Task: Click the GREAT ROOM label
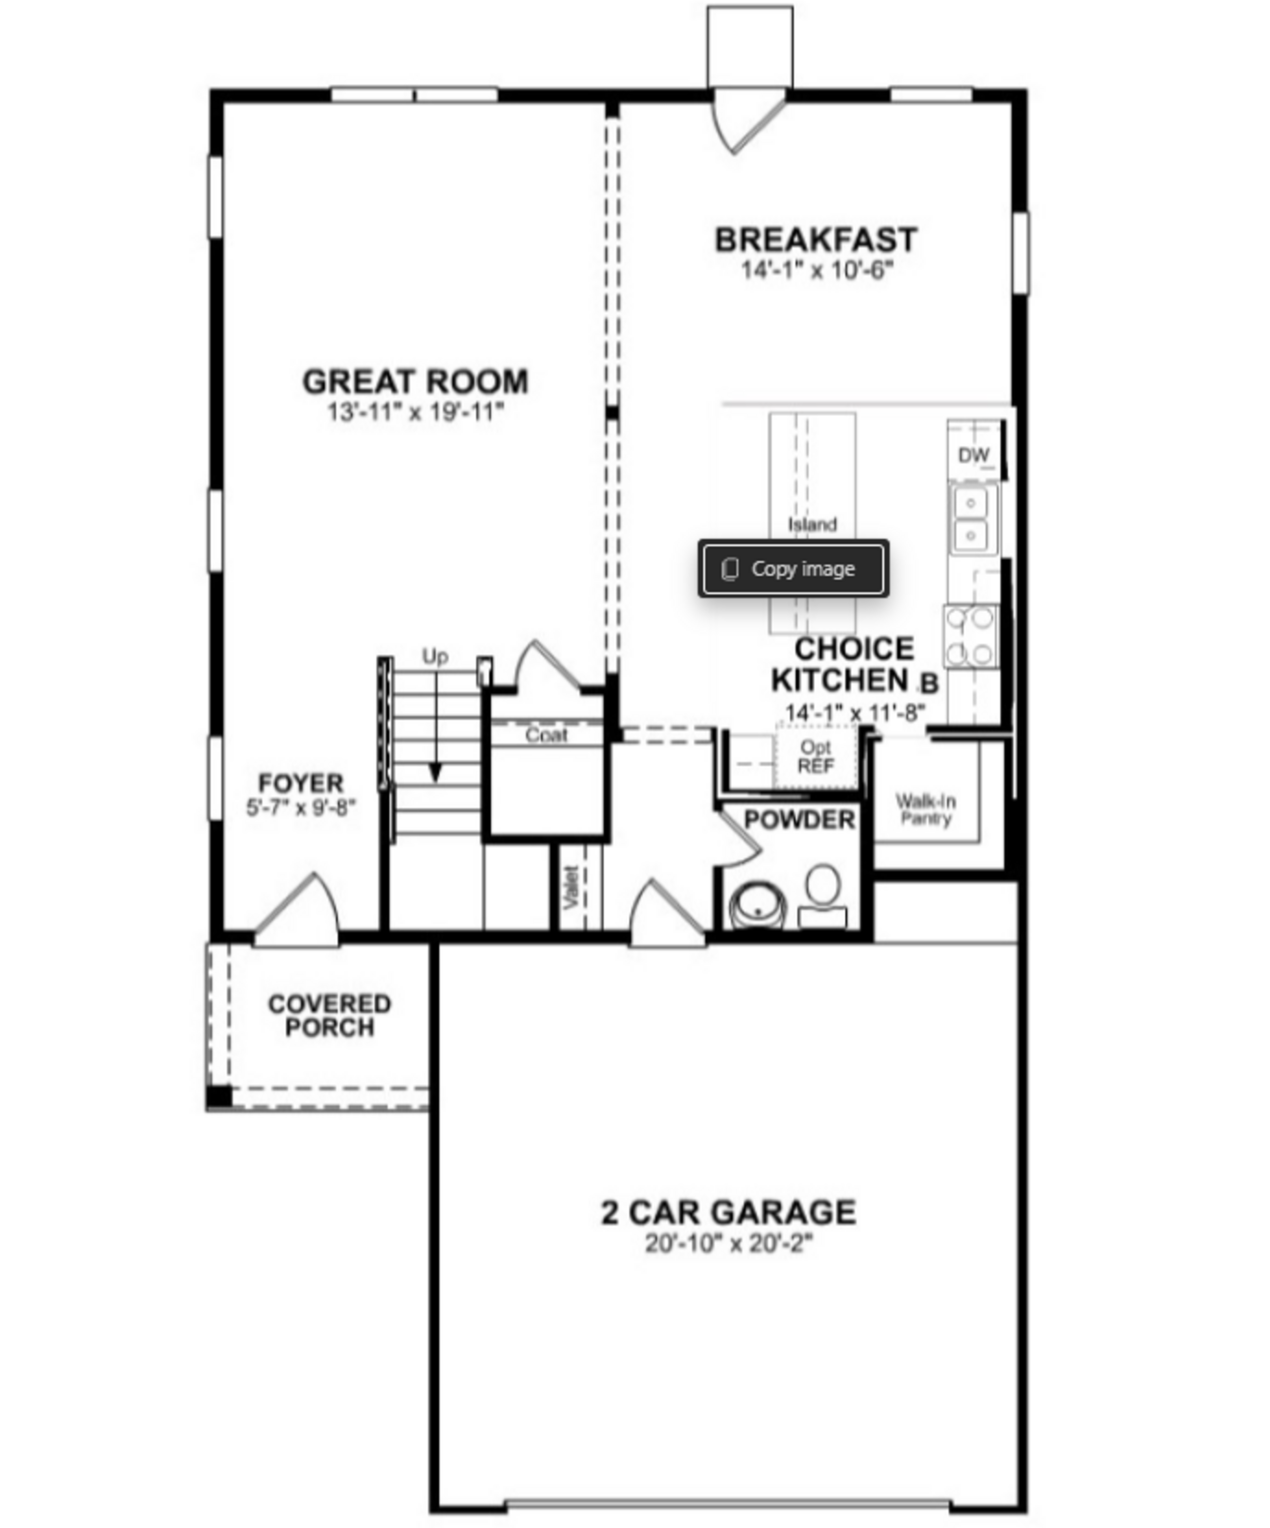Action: coord(415,381)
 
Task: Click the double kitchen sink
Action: coord(971,519)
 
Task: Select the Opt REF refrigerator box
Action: coord(816,757)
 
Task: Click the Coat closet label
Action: coord(546,735)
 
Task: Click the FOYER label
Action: coord(301,783)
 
